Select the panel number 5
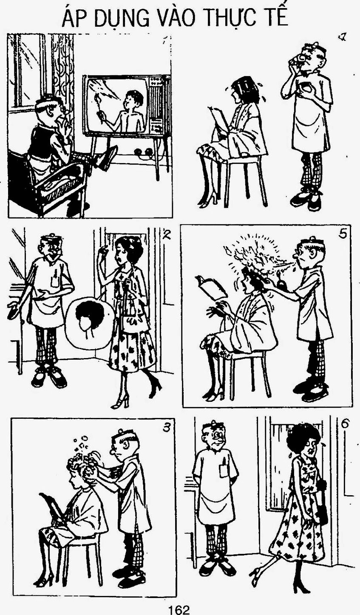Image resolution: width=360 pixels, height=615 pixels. click(x=343, y=235)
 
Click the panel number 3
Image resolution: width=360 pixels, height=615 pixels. click(x=167, y=427)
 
